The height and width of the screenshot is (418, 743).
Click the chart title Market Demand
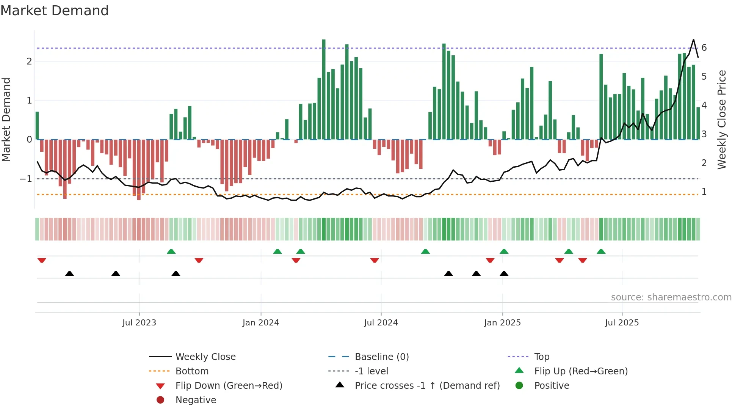[x=55, y=11]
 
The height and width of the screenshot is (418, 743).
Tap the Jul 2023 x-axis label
[x=139, y=323]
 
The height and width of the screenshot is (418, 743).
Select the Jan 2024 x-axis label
[x=261, y=323]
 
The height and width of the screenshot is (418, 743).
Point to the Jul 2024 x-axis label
[x=381, y=323]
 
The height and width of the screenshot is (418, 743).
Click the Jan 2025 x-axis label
[x=502, y=323]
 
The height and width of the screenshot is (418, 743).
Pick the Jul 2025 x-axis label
[x=622, y=323]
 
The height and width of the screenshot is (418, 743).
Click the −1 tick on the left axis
[x=26, y=179]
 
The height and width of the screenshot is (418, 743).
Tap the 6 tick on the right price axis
[x=704, y=48]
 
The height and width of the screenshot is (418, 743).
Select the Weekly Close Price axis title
[x=722, y=119]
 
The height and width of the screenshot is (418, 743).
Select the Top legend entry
[x=542, y=357]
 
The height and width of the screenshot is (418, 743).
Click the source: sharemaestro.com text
[x=671, y=297]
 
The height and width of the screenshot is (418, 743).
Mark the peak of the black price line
[x=693, y=39]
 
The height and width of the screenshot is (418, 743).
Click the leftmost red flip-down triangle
[x=42, y=260]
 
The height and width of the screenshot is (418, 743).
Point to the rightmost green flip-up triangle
[x=601, y=251]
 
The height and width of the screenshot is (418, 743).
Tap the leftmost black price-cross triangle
[x=69, y=273]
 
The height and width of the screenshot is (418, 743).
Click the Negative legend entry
[x=196, y=400]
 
